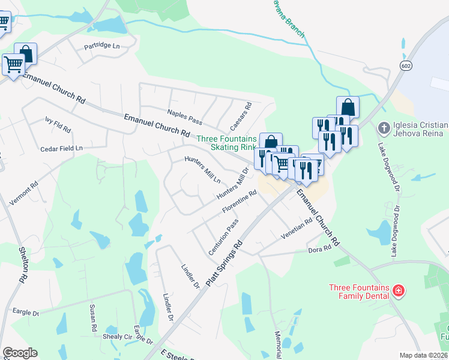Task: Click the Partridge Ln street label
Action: click(102, 46)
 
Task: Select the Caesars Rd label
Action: click(240, 116)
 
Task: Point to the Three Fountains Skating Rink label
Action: click(226, 142)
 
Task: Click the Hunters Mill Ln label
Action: click(202, 170)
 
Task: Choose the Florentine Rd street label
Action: click(240, 202)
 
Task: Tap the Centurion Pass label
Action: click(223, 237)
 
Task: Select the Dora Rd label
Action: click(319, 249)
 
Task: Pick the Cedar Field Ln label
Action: click(61, 148)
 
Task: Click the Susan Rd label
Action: click(93, 319)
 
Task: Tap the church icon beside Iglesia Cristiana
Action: click(383, 128)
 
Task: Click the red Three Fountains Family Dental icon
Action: click(397, 292)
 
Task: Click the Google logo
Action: click(20, 353)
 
